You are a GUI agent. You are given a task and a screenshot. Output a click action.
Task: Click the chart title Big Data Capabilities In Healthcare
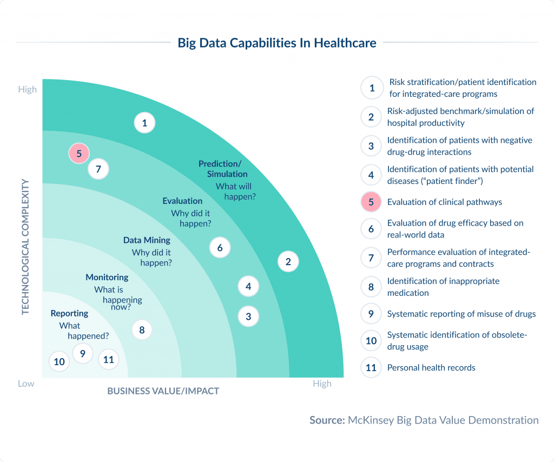[276, 43]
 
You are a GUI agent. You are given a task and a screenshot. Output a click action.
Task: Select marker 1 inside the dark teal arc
[144, 123]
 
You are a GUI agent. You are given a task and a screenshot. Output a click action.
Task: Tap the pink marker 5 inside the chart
[79, 154]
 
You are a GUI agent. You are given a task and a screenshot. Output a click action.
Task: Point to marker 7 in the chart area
[98, 169]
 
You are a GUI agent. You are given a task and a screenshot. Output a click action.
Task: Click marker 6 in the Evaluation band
[220, 248]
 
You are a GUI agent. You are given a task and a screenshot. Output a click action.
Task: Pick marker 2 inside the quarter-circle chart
[288, 262]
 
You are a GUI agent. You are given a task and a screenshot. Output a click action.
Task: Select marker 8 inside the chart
[142, 329]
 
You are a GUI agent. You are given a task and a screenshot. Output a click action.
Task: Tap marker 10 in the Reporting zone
[60, 361]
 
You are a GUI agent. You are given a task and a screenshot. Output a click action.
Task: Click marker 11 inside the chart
[109, 359]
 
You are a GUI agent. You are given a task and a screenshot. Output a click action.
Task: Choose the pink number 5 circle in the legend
[371, 202]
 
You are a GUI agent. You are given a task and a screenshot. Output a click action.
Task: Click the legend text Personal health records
[431, 368]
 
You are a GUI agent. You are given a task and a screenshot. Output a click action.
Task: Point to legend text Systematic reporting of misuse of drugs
[461, 314]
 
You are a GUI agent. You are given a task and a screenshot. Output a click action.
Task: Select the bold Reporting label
[69, 314]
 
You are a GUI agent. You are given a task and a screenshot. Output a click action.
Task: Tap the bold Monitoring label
[107, 278]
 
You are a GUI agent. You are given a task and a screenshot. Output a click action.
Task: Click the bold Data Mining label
[147, 240]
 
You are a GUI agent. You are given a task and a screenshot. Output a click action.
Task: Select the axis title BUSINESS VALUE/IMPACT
[163, 391]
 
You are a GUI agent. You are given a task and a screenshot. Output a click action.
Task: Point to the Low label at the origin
[26, 384]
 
